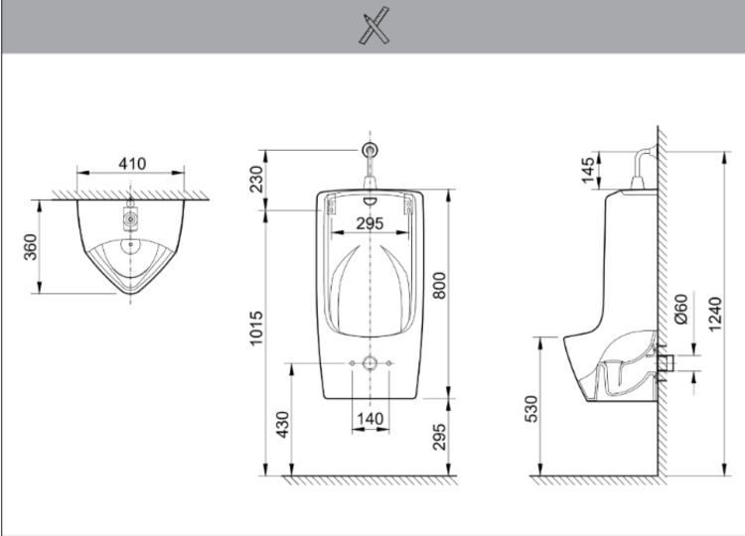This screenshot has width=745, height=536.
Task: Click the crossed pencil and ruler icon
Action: click(373, 26)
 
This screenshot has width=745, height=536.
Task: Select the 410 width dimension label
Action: click(132, 164)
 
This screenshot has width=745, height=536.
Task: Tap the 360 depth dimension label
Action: click(31, 247)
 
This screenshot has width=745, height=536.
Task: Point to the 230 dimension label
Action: click(256, 179)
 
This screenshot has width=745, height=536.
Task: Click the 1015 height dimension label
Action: click(256, 329)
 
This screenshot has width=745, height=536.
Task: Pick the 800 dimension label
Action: click(440, 285)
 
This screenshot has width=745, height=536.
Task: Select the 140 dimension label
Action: click(370, 419)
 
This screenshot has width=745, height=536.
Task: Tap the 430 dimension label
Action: click(282, 425)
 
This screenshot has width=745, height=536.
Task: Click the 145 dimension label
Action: click(588, 170)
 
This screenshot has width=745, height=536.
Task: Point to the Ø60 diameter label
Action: click(680, 309)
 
